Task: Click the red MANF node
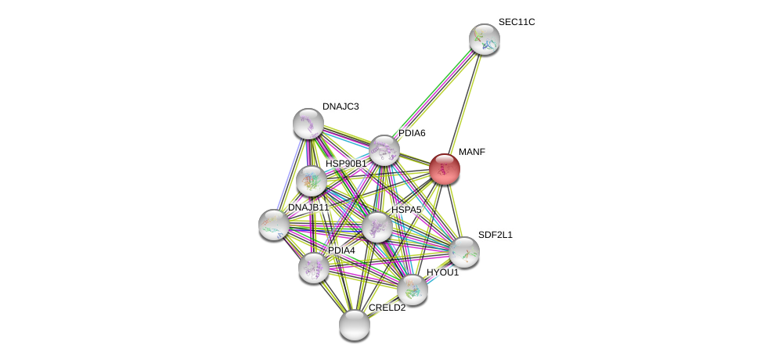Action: (x=444, y=169)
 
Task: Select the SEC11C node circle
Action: (x=485, y=39)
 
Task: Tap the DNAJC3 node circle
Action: (x=308, y=123)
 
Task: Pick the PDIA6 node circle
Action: (x=384, y=150)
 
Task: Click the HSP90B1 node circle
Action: (x=312, y=181)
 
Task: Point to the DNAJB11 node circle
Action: (x=274, y=225)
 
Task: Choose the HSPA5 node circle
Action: (x=377, y=227)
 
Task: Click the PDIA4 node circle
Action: (x=314, y=268)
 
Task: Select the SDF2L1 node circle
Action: (x=464, y=252)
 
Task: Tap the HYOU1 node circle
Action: (x=413, y=290)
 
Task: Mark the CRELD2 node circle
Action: (x=355, y=325)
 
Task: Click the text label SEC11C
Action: (x=517, y=22)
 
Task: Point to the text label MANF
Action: (x=472, y=152)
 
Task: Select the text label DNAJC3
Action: (x=341, y=106)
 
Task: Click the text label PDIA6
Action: (x=412, y=133)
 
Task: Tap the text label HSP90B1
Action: (x=346, y=164)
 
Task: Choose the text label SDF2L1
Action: (x=495, y=235)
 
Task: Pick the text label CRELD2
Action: (x=387, y=308)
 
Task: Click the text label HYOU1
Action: (x=442, y=272)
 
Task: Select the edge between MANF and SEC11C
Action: (x=464, y=103)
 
